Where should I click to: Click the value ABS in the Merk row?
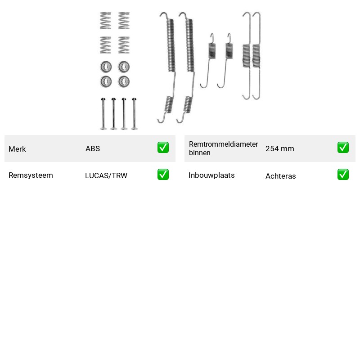[x=93, y=148]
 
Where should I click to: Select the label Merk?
[x=17, y=149]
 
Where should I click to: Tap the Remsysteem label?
[x=31, y=175]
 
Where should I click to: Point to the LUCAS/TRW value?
[x=106, y=175]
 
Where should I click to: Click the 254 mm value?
[x=279, y=148]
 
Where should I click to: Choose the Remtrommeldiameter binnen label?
[x=223, y=148]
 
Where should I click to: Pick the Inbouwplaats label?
[x=211, y=175]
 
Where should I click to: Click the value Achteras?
[x=280, y=176]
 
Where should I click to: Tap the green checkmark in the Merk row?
[x=163, y=148]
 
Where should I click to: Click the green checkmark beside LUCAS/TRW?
[x=163, y=175]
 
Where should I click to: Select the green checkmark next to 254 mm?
[x=343, y=148]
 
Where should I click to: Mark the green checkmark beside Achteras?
[x=343, y=175]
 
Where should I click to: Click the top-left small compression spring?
[x=106, y=21]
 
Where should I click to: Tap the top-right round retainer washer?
[x=124, y=67]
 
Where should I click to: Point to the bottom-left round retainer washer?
[x=106, y=81]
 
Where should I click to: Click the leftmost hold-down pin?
[x=103, y=114]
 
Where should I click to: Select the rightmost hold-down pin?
[x=134, y=114]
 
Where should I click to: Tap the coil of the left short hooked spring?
[x=212, y=51]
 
